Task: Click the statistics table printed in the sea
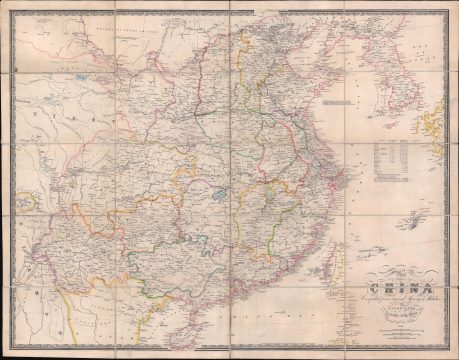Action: tap(391, 156)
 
